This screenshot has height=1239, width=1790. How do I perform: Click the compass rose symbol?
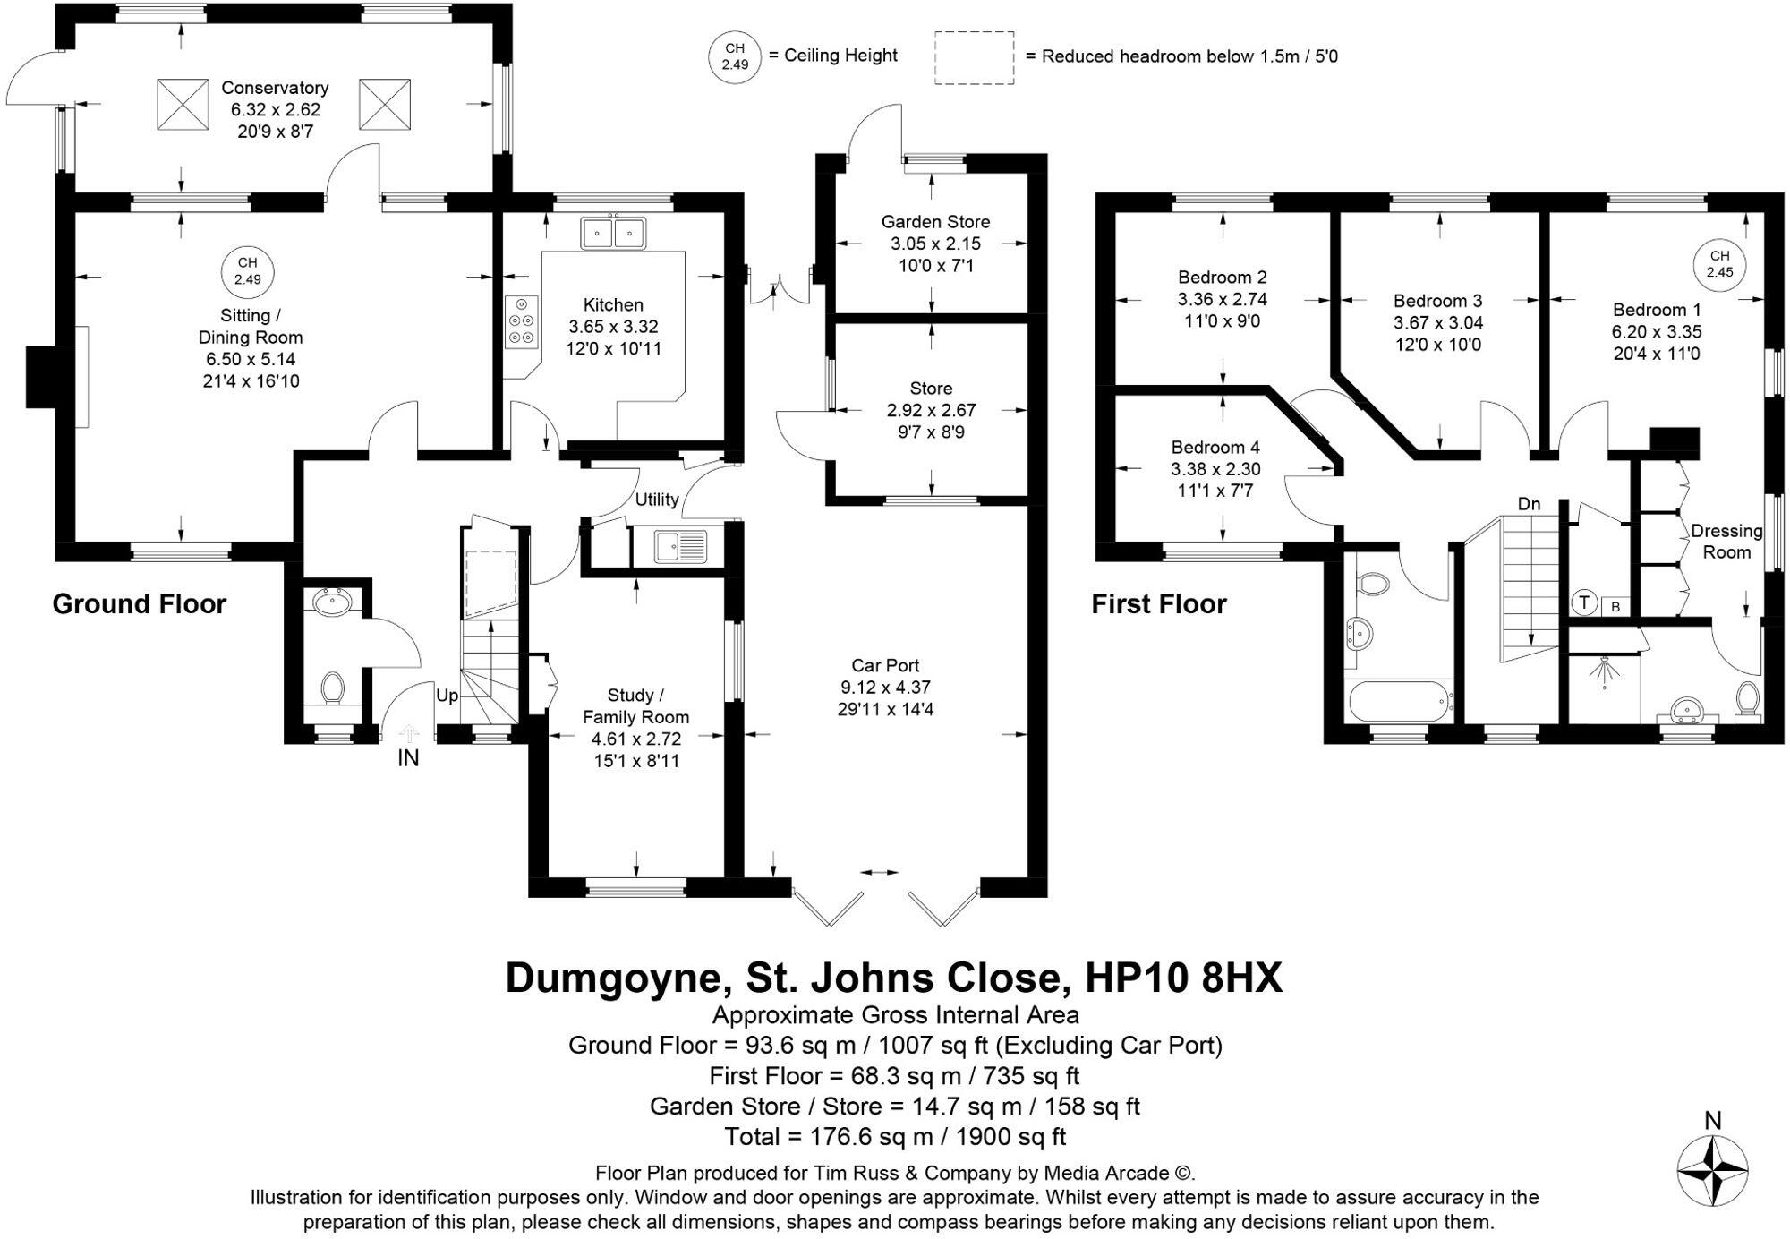pyautogui.click(x=1712, y=1169)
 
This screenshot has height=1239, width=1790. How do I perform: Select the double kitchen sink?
pyautogui.click(x=614, y=234)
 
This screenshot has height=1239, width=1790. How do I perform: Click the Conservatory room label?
pyautogui.click(x=275, y=88)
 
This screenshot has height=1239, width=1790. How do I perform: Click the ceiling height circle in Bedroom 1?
pyautogui.click(x=1719, y=264)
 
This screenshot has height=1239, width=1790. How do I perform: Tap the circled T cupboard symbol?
pyautogui.click(x=1584, y=602)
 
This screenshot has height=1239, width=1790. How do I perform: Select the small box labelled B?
pyautogui.click(x=1615, y=607)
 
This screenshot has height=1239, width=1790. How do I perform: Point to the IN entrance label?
pyautogui.click(x=408, y=758)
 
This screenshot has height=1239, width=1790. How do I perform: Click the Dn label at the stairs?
pyautogui.click(x=1529, y=504)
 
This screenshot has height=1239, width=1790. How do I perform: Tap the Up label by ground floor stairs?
pyautogui.click(x=447, y=695)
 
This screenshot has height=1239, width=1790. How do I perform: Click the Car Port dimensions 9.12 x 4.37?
pyautogui.click(x=885, y=688)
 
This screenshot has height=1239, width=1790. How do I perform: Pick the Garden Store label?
pyautogui.click(x=935, y=221)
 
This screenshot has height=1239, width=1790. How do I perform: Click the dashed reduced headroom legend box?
pyautogui.click(x=974, y=58)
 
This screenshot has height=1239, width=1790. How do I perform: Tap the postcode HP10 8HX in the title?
pyautogui.click(x=1183, y=978)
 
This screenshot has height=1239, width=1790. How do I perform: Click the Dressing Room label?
pyautogui.click(x=1726, y=542)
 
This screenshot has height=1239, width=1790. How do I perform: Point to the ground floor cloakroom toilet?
pyautogui.click(x=333, y=688)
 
